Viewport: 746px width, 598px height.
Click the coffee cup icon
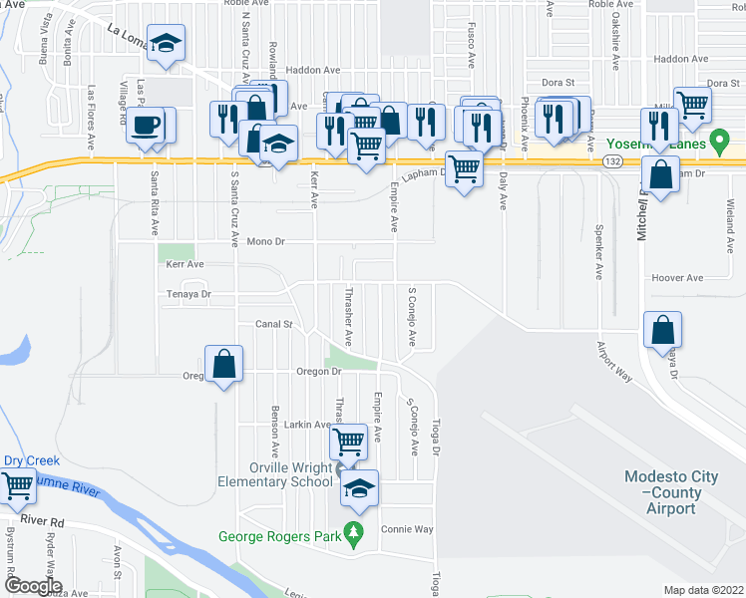[147, 126]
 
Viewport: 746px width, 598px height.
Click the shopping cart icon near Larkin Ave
[349, 439]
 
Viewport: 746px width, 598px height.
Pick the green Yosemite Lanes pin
[715, 145]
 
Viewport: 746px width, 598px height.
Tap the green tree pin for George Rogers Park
[351, 537]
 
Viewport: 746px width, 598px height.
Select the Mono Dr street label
[266, 241]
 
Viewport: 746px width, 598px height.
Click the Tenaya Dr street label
[189, 294]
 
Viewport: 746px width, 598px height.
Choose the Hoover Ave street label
[677, 278]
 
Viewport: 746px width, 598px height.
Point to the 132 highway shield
[612, 159]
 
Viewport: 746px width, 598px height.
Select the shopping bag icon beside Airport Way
[662, 330]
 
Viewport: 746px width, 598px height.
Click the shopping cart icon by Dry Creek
[17, 485]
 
